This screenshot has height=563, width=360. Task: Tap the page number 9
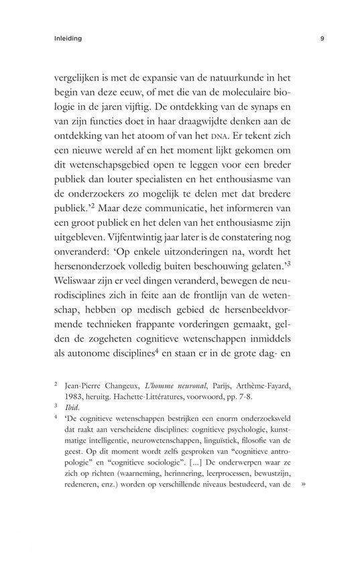(322, 39)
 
